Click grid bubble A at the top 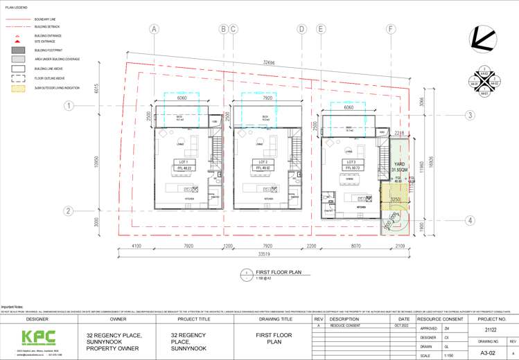tap(154, 29)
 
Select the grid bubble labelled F tap(392, 29)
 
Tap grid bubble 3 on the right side tap(469, 115)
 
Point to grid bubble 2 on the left tap(69, 211)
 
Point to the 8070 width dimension tap(352, 245)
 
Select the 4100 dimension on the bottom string tap(136, 245)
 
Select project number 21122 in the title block tap(487, 331)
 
